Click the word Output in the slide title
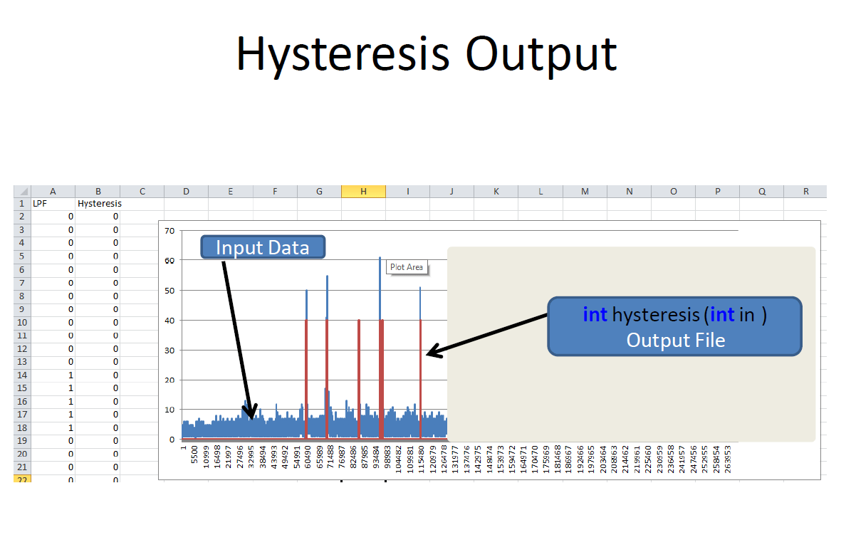[541, 54]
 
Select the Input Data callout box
[263, 247]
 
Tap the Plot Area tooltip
[407, 267]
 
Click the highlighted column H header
[363, 191]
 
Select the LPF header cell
[40, 204]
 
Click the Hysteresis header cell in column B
[99, 204]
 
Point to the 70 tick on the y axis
[169, 231]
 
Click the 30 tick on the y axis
[169, 350]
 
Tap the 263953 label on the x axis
[728, 460]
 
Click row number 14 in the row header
[21, 375]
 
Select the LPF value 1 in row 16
[71, 402]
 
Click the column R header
[805, 191]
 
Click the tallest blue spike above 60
[380, 288]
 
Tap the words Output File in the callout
[676, 341]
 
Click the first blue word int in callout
[595, 315]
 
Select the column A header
[53, 191]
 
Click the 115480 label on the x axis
[421, 460]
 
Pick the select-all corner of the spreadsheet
[22, 191]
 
